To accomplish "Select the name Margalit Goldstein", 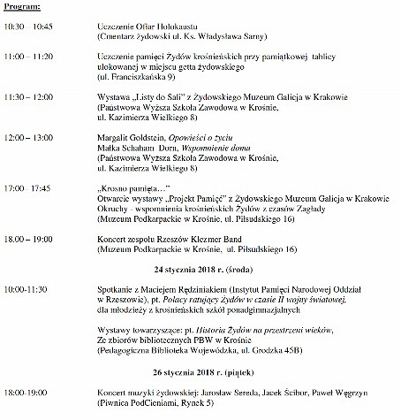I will pyautogui.click(x=133, y=140).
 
